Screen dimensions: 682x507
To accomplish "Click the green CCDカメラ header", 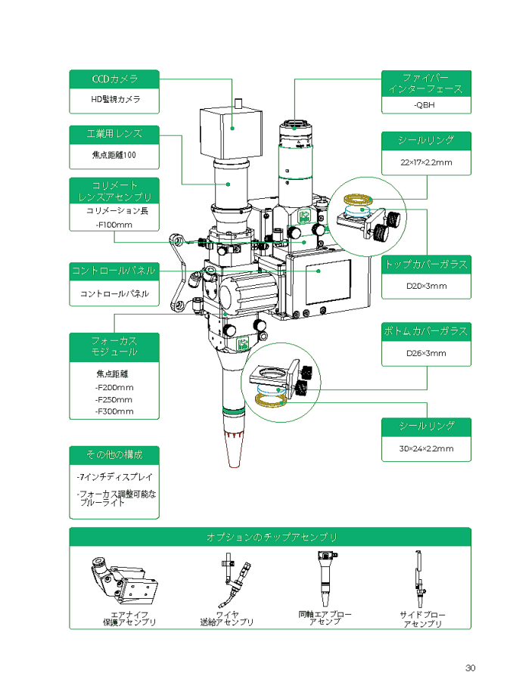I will [x=114, y=79].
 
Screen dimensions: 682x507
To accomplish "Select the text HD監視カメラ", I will [x=115, y=99].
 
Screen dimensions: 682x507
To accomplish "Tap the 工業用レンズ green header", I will [x=114, y=134].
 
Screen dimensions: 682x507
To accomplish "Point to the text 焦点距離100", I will [x=114, y=155].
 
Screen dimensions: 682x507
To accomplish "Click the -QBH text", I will [x=425, y=104].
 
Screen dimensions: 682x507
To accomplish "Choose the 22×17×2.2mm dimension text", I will [x=426, y=163].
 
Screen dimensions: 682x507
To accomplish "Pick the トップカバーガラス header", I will [x=426, y=264].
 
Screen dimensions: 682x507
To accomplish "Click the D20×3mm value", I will [x=426, y=286].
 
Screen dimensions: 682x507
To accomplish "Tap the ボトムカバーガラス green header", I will [x=426, y=331].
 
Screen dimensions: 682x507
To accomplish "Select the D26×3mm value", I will [x=426, y=353].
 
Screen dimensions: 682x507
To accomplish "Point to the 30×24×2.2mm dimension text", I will [x=426, y=448].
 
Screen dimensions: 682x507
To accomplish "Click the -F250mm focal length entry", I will [x=114, y=399].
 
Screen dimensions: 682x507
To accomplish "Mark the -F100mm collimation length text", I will [x=114, y=225].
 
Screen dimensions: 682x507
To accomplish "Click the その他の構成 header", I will [x=114, y=455].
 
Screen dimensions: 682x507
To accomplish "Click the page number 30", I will [x=471, y=668].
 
